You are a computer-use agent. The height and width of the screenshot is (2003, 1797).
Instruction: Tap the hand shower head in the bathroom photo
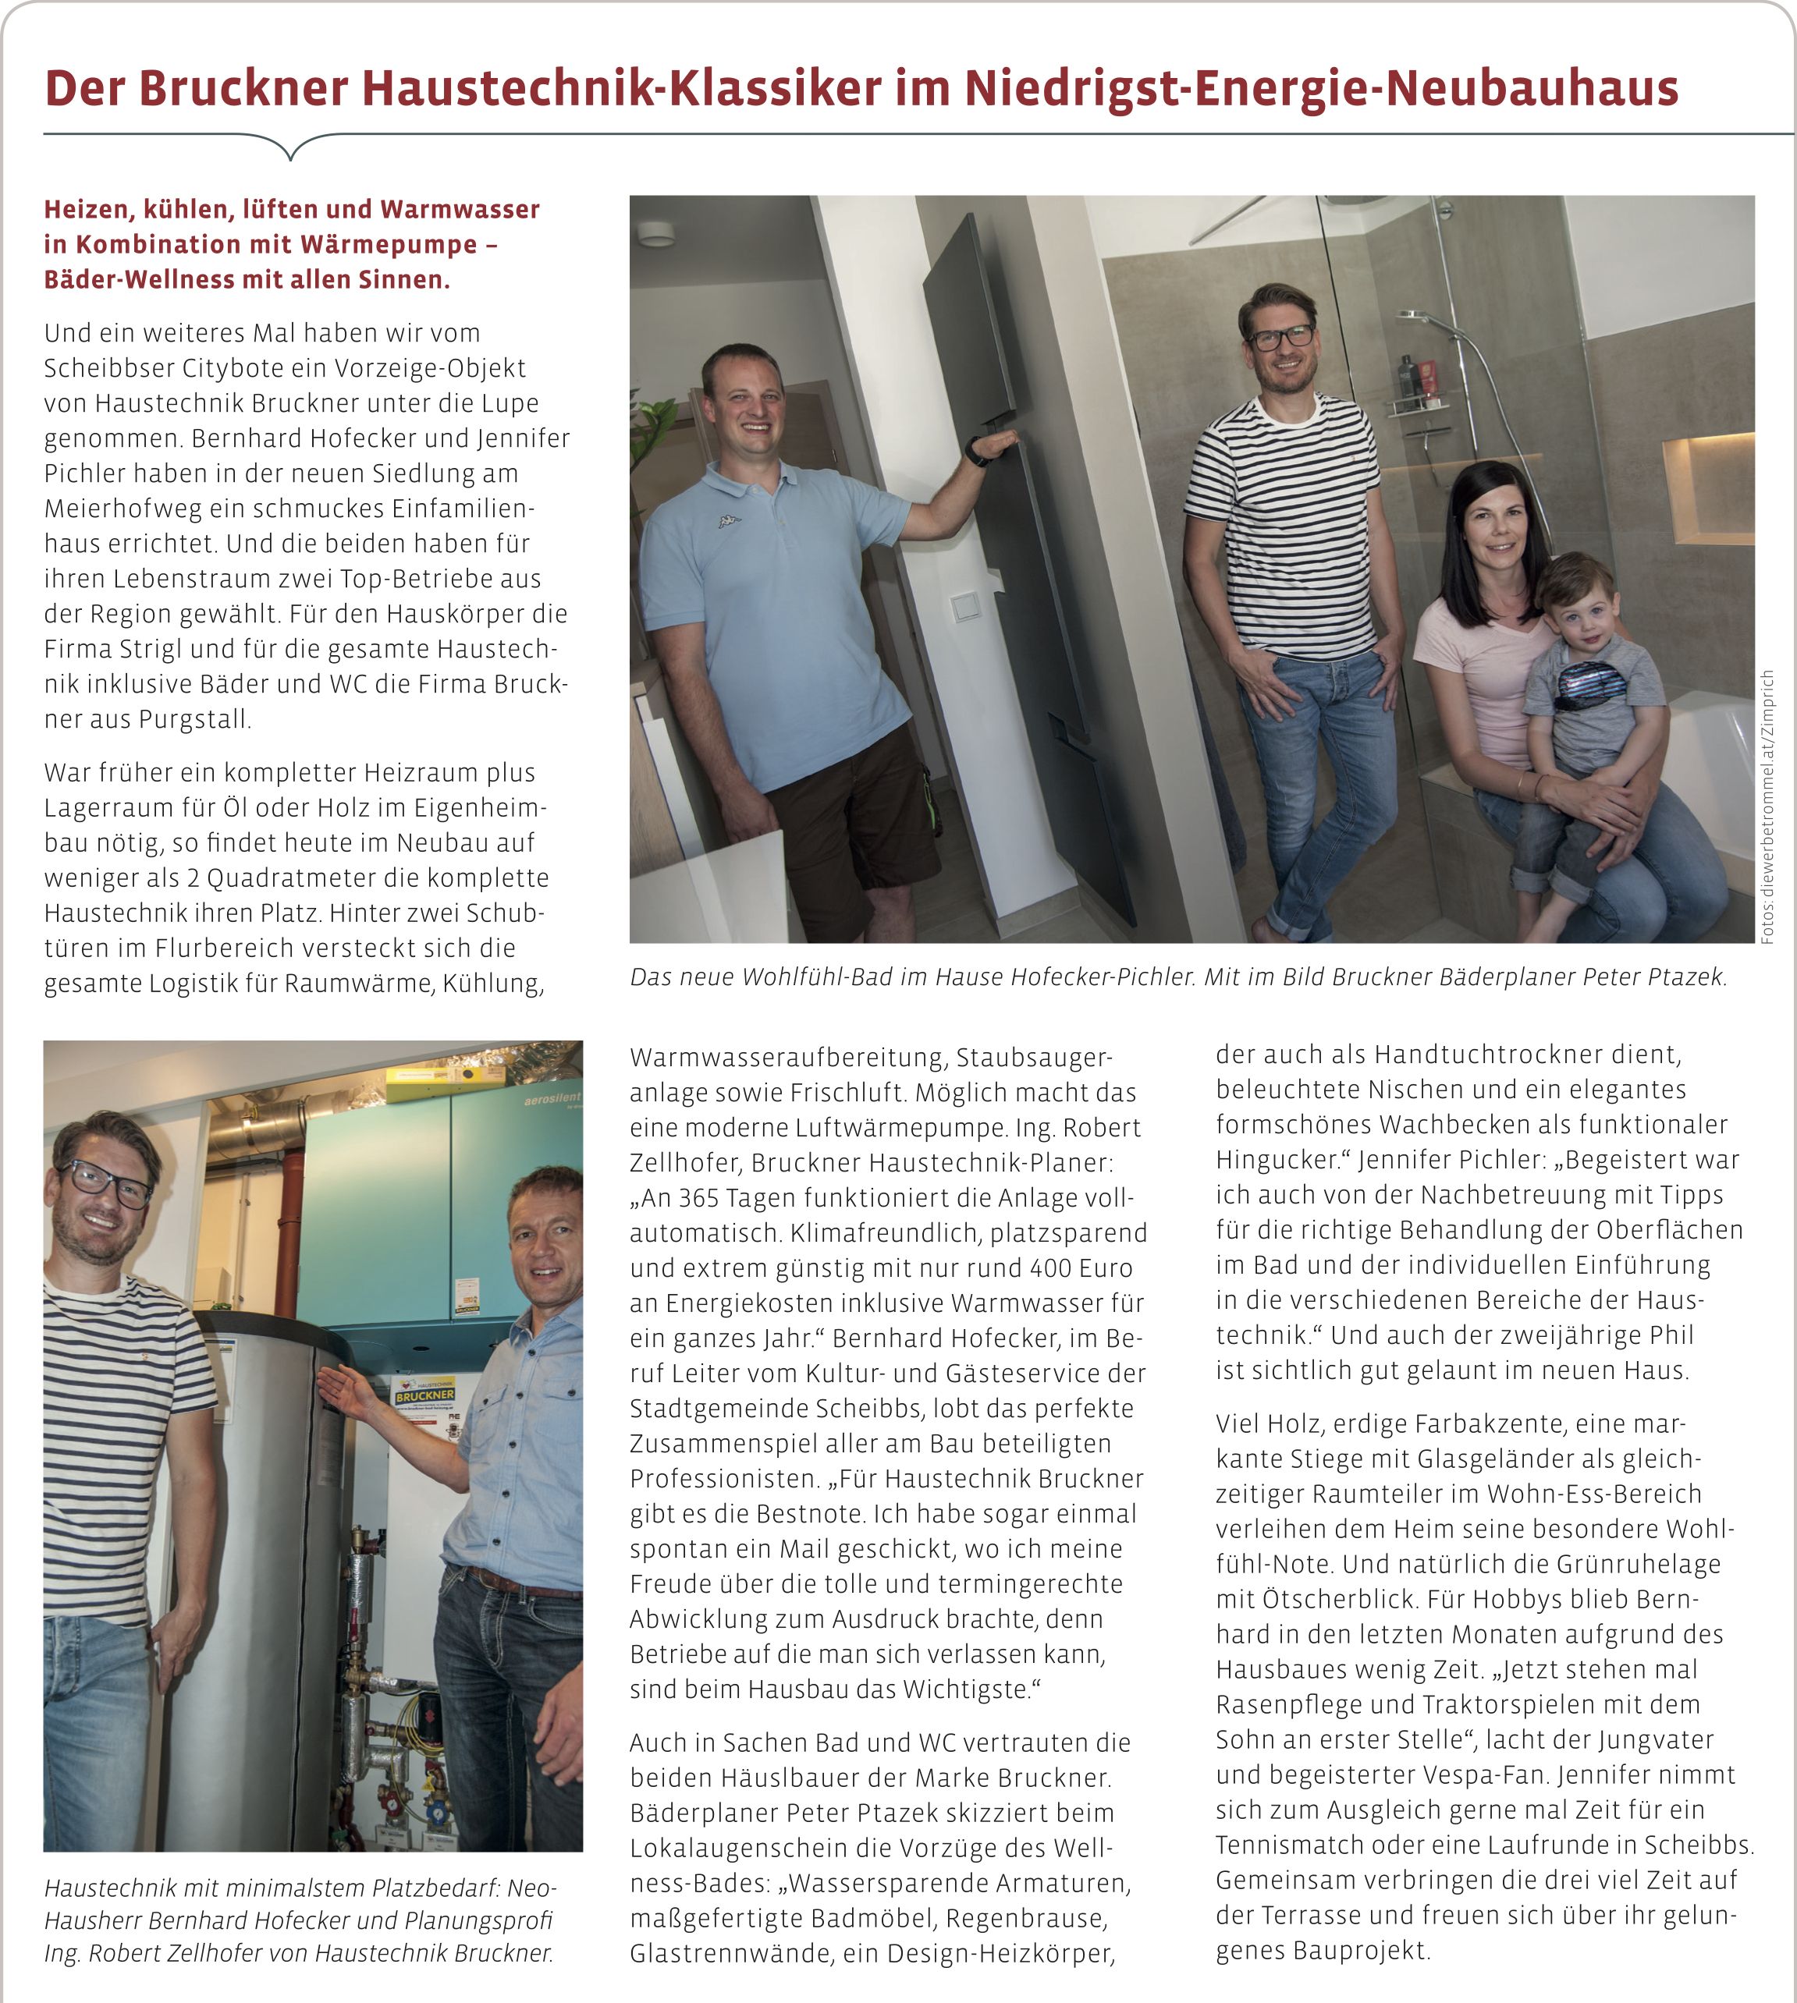tap(1422, 318)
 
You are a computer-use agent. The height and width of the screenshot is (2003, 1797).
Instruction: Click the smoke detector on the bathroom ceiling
tap(655, 234)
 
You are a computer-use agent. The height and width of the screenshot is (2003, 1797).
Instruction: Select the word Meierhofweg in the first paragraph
tap(108, 509)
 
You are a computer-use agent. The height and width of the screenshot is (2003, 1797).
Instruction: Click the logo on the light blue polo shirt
tap(729, 521)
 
